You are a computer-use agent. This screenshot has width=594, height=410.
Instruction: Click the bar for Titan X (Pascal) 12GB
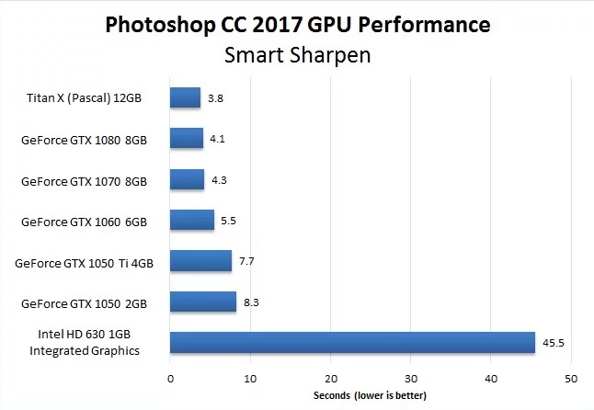185,97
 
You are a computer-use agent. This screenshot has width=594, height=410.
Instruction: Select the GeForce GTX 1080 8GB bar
187,138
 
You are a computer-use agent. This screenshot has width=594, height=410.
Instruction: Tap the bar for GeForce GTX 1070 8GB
188,179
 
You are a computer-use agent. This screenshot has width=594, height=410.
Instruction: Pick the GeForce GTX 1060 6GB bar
192,221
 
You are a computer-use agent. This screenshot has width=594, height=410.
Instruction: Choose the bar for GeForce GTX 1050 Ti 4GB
200,261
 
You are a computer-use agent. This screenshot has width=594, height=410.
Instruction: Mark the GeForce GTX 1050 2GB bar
203,302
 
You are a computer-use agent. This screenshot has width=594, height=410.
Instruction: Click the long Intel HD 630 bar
352,343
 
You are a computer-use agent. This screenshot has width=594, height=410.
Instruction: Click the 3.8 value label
216,97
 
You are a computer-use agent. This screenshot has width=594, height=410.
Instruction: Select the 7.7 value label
246,261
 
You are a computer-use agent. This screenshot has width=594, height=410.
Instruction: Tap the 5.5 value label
229,221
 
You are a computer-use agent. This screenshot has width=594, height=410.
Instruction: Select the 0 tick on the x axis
170,378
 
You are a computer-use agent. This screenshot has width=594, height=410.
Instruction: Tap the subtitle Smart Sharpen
297,55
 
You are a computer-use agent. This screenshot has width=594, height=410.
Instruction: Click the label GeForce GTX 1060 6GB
84,222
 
